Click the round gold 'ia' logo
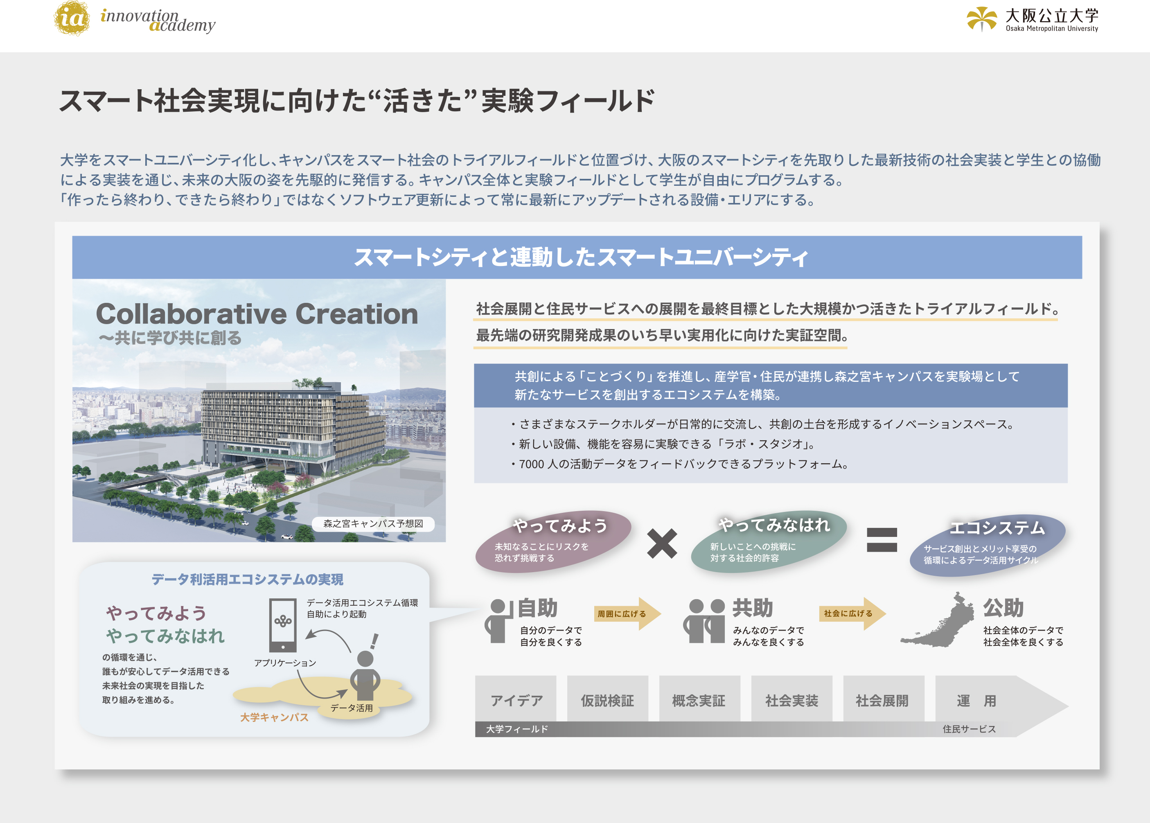(x=72, y=18)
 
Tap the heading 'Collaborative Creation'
(x=257, y=314)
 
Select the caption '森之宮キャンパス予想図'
(x=373, y=523)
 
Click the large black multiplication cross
(x=662, y=543)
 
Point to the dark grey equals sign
(x=882, y=540)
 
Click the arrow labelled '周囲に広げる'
(x=627, y=614)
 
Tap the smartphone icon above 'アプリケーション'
(x=283, y=625)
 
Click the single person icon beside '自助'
(x=497, y=621)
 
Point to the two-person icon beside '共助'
(x=704, y=621)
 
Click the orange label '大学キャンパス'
(x=274, y=717)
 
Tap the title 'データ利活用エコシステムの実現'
(x=247, y=579)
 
